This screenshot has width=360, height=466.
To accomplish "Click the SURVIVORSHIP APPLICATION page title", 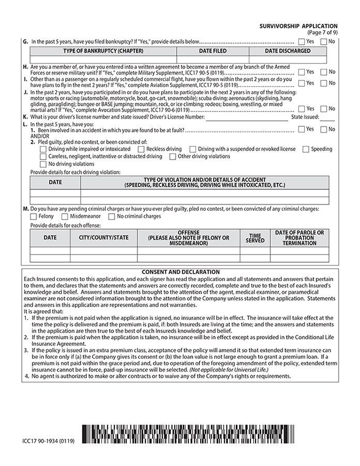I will coord(301,26).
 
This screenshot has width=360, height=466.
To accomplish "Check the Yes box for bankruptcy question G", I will coord(301,41).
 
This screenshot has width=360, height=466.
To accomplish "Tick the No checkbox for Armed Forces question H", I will coord(323,72).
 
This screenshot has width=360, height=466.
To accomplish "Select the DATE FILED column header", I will coord(213,51).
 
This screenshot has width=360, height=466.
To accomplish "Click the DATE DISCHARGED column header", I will coord(288,51).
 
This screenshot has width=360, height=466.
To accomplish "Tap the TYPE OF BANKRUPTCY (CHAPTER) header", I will coord(103,51).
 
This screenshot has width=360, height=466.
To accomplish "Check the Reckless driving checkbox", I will coord(141,149).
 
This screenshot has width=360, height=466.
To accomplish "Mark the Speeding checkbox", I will coord(306,149).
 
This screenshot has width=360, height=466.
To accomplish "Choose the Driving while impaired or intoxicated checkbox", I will coord(43,149).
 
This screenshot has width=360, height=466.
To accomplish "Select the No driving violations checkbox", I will coord(43,164).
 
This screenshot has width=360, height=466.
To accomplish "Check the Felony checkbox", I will coord(34,216).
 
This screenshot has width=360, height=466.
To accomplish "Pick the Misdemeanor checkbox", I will coord(65,216).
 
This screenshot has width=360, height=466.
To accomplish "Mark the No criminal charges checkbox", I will coord(112,216).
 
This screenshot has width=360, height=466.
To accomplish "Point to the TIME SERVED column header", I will coord(254,238).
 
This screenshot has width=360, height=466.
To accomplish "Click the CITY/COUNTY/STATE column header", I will coord(103,238).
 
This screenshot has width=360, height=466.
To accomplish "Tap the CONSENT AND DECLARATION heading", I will coord(181,272).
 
